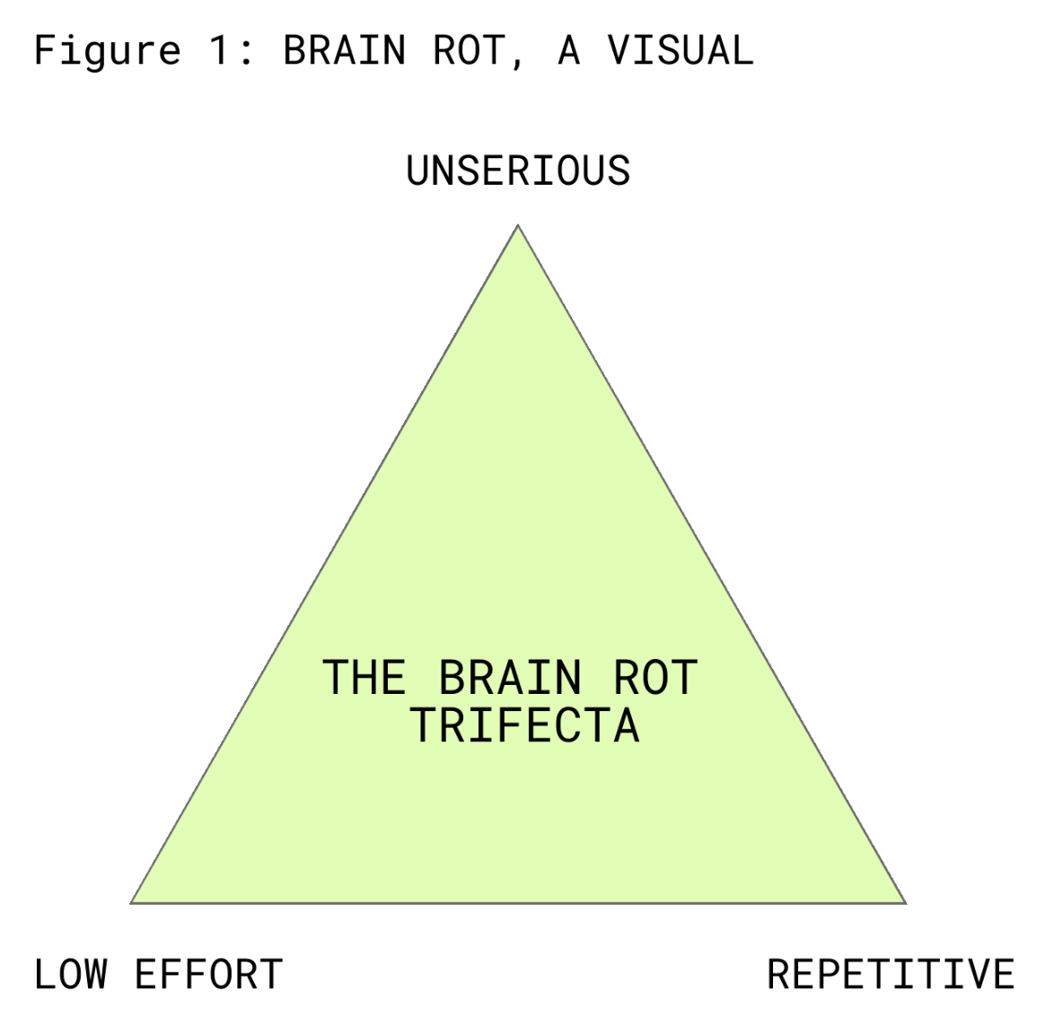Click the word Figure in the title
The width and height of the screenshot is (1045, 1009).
[107, 51]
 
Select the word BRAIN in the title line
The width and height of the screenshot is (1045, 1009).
[344, 51]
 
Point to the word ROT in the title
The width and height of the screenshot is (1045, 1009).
[470, 51]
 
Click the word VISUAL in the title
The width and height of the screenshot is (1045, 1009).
[680, 51]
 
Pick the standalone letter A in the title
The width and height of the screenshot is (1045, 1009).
[568, 51]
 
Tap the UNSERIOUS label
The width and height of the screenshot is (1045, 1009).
[518, 171]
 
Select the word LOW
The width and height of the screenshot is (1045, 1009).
[71, 975]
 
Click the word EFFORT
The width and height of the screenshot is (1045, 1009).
[208, 975]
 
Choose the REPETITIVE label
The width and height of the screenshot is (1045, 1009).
[891, 975]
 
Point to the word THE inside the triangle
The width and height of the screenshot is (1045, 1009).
[364, 678]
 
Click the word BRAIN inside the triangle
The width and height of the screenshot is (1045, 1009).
[509, 678]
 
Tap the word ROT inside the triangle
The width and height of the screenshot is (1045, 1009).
[654, 678]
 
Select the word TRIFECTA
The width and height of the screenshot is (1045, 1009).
[525, 725]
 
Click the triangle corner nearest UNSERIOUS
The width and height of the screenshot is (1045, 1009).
[518, 226]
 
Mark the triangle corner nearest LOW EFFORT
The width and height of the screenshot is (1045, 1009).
[132, 902]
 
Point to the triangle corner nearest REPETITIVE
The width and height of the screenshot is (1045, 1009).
[905, 902]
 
